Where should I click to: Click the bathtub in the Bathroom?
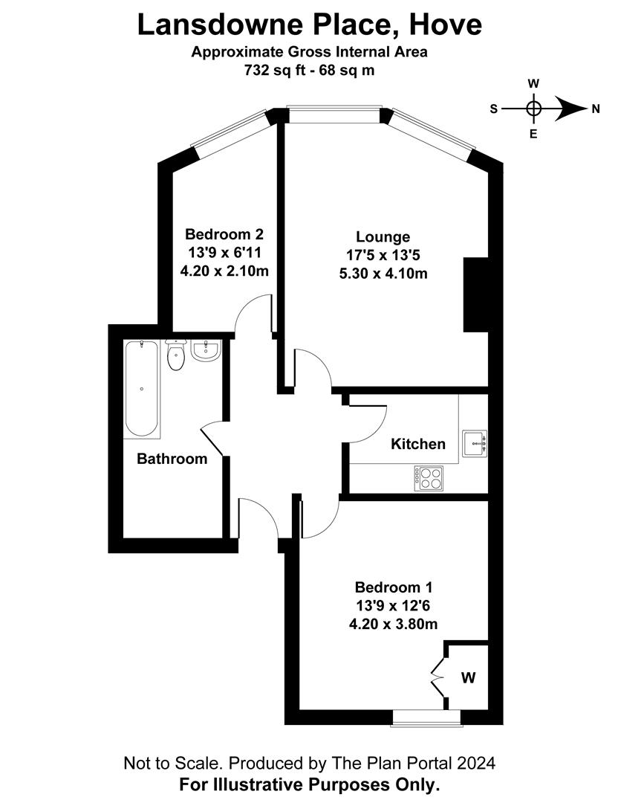click(x=141, y=389)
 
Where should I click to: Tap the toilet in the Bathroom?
click(x=176, y=357)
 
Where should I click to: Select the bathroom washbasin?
click(x=206, y=350)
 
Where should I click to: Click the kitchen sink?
click(x=474, y=442)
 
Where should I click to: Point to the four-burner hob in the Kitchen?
click(x=429, y=477)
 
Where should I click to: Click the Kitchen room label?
click(x=418, y=444)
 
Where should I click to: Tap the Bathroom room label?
click(x=172, y=459)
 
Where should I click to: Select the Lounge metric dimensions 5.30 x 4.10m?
click(x=383, y=273)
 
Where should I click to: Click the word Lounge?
click(x=383, y=237)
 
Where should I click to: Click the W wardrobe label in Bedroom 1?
click(x=468, y=677)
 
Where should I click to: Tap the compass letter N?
click(x=595, y=109)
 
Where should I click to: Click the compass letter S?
click(x=493, y=109)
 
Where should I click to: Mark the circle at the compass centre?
click(x=533, y=109)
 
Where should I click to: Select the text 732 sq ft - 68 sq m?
click(x=309, y=71)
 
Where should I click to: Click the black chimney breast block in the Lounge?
click(x=475, y=294)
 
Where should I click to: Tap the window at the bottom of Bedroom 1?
click(x=426, y=717)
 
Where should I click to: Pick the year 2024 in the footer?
click(x=473, y=763)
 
